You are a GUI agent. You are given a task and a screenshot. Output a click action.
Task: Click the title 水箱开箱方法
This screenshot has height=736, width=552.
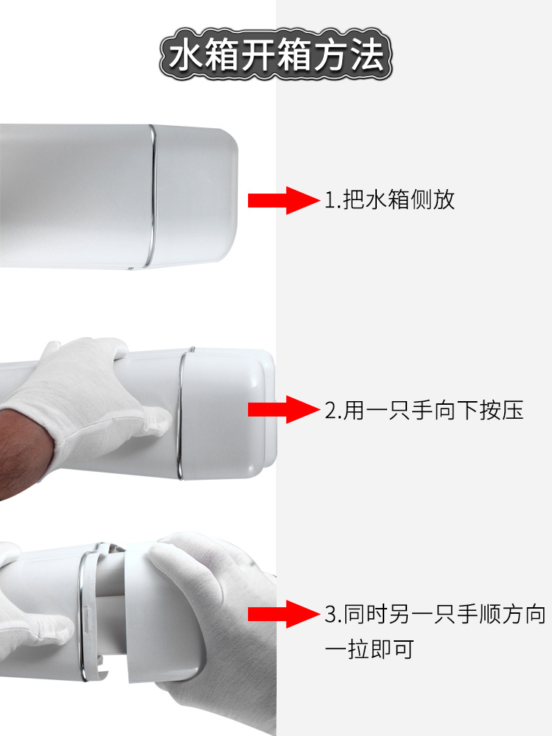coord(276,54)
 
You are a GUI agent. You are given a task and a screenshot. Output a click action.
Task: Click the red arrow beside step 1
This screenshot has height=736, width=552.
coord(284,200)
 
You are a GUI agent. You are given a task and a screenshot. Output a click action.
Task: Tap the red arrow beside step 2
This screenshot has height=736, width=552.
coord(284,409)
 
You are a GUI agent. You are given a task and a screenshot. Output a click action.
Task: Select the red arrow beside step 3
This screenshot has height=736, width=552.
coord(284,614)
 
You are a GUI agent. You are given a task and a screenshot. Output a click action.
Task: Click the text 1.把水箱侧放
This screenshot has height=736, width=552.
coord(389,199)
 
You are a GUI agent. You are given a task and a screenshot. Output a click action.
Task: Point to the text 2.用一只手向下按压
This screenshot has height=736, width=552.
coord(424,410)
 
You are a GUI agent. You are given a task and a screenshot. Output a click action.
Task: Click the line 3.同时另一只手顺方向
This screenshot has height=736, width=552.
coord(435,615)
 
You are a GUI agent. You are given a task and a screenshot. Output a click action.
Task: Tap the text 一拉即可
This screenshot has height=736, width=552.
coord(369,649)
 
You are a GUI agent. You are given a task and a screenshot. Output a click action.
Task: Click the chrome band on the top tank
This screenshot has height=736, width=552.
coord(152,197)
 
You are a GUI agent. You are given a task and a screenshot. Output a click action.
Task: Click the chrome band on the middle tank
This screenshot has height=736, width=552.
coord(180,413)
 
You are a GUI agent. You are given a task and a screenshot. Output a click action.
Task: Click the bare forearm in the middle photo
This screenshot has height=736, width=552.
coord(21,450)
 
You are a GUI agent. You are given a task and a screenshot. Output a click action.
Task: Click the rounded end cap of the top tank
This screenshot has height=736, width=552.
coord(197,197)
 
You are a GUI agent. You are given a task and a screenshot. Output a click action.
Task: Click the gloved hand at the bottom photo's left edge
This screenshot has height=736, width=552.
coord(28,620)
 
